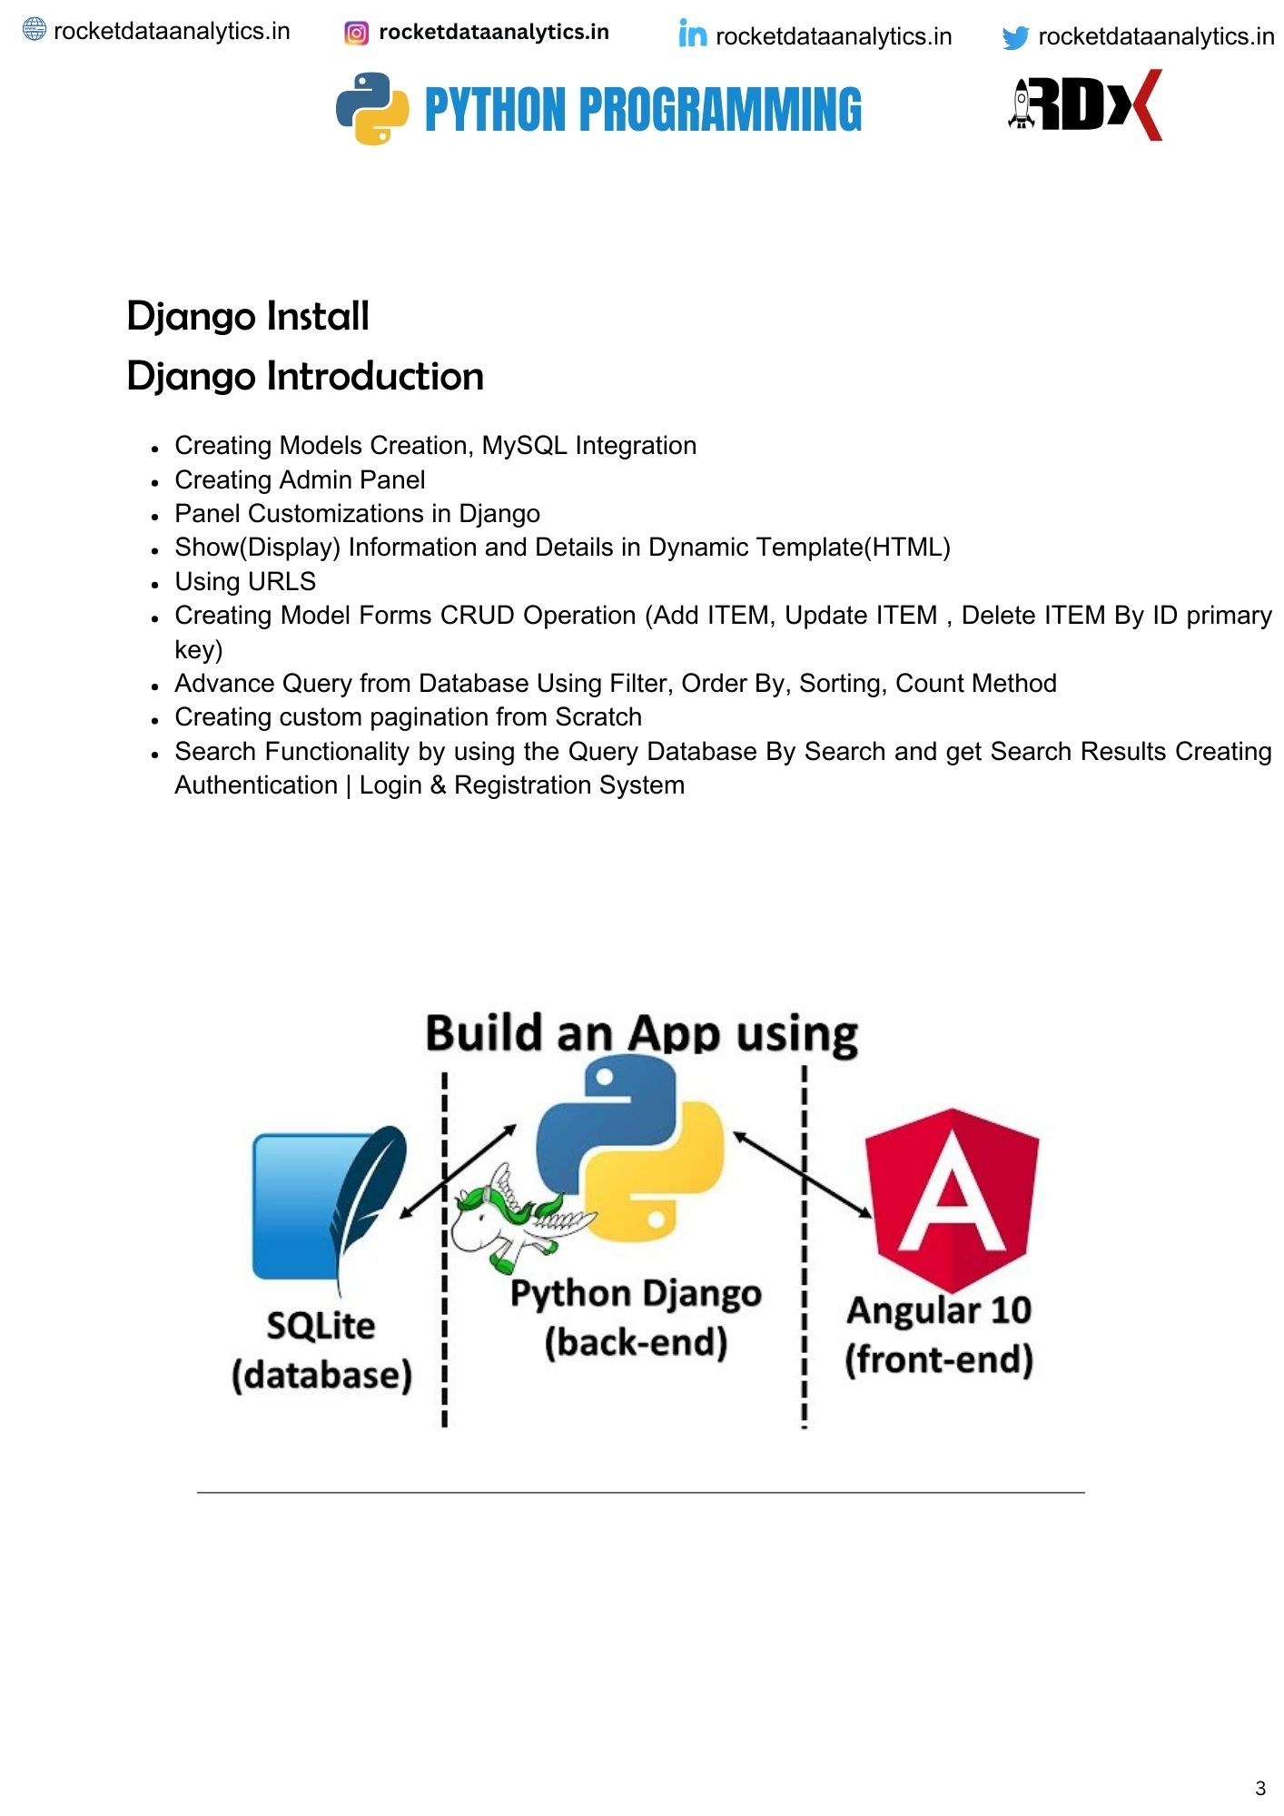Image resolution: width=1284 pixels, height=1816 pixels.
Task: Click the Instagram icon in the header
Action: tap(357, 34)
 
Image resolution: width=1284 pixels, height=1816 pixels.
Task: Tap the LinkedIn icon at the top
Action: tap(692, 35)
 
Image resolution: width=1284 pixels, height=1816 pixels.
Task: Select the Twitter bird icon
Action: tap(1015, 37)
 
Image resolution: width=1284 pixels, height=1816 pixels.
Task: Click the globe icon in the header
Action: tap(34, 30)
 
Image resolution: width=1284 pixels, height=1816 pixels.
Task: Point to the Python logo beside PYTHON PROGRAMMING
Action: tap(372, 109)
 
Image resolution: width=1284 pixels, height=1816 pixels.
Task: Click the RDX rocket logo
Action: tap(1085, 105)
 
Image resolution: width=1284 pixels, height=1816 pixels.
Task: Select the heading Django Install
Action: tap(248, 316)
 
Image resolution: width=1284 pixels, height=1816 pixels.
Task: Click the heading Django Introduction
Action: tap(305, 376)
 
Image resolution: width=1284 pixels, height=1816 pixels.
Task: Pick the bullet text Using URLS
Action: tap(245, 581)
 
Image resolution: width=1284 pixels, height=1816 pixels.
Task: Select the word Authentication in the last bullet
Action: tap(256, 785)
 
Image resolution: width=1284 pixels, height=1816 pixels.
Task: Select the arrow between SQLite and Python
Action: tap(458, 1171)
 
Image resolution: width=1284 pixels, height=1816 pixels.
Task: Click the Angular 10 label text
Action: tap(939, 1310)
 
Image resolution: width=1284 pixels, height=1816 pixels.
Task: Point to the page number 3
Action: tap(1259, 1789)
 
